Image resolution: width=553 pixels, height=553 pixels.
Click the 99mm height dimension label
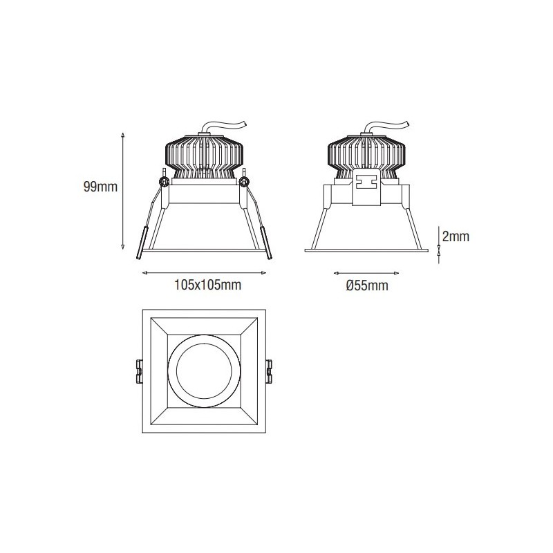point(100,187)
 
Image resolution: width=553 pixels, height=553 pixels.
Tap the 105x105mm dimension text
point(208,285)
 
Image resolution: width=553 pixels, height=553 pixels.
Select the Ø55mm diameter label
point(367,285)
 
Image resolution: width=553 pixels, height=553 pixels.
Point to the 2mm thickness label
point(456,236)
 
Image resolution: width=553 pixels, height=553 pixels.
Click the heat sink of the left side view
point(205,156)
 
